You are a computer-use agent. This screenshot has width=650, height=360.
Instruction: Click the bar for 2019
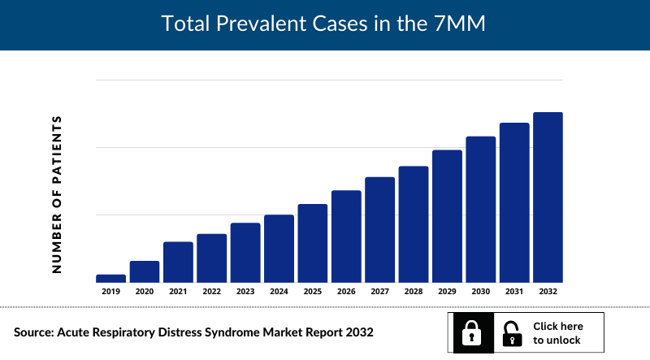[110, 279]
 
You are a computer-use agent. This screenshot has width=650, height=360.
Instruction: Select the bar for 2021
[178, 262]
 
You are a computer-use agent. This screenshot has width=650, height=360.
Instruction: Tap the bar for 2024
[279, 249]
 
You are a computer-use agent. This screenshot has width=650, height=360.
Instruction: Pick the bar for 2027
[379, 229]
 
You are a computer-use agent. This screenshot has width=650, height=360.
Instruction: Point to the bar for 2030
[480, 209]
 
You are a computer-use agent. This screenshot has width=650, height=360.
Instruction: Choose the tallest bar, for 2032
[548, 197]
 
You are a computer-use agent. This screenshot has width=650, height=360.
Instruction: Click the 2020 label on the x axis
[145, 291]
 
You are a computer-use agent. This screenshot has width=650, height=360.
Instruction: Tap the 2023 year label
[245, 291]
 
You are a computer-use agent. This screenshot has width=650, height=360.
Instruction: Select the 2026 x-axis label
[346, 291]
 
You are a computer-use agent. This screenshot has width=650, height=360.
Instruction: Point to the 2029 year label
[447, 291]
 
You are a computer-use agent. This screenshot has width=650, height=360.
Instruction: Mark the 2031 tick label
[514, 291]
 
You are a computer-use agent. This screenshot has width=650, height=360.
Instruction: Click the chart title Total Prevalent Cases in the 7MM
[323, 24]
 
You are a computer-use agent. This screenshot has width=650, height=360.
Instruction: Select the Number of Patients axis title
[57, 193]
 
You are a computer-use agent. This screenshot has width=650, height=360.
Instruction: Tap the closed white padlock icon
[472, 332]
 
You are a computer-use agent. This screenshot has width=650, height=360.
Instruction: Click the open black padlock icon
[512, 332]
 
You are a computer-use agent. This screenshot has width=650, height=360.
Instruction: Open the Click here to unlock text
[557, 333]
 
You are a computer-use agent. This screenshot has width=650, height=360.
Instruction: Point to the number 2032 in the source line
[358, 333]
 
